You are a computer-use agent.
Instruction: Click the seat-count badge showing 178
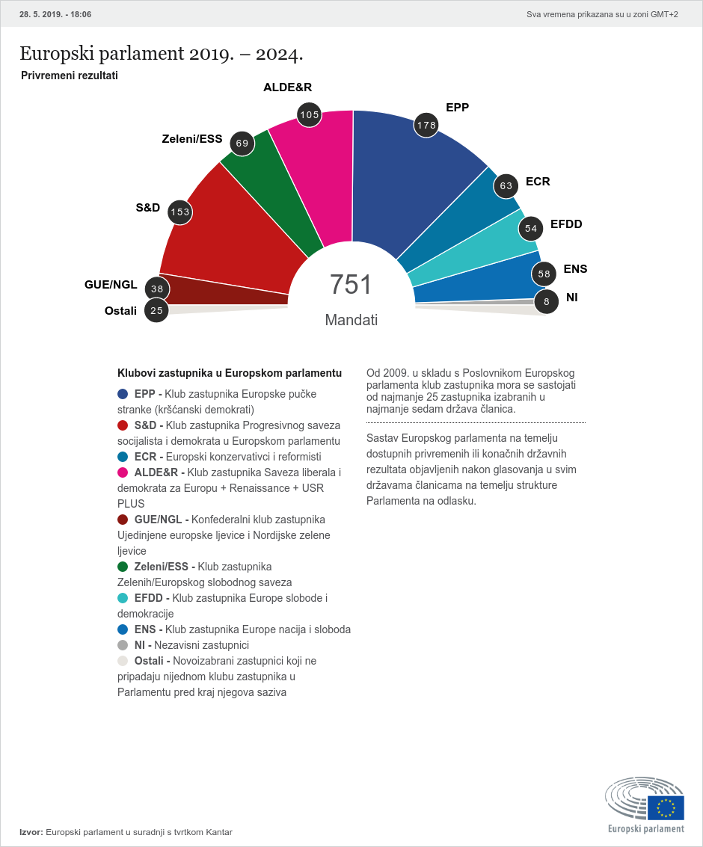[426, 125]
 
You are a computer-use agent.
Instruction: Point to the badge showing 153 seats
[179, 212]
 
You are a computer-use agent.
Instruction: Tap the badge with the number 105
[309, 114]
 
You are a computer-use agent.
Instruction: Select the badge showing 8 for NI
[547, 301]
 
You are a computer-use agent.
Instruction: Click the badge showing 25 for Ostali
[156, 310]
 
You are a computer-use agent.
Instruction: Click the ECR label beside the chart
[538, 182]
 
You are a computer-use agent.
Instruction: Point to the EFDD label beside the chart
[566, 224]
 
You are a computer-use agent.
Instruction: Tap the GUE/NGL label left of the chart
[111, 284]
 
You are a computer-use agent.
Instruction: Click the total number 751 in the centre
[351, 285]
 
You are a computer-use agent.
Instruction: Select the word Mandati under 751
[351, 320]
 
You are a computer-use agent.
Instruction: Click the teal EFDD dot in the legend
[123, 598]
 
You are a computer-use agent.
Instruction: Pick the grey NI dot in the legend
[123, 645]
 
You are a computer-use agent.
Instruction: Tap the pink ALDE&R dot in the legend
[123, 472]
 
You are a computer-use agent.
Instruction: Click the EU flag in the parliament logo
[665, 807]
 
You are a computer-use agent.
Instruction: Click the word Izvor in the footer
[31, 832]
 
